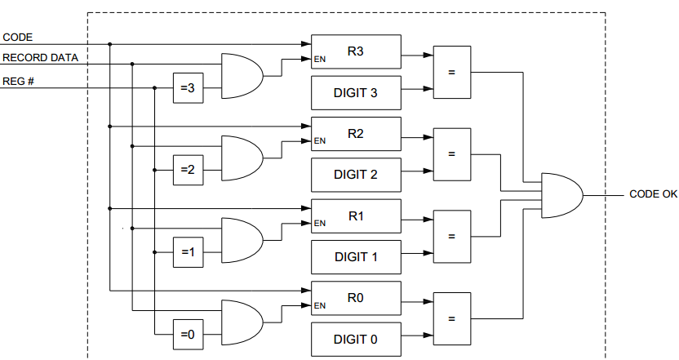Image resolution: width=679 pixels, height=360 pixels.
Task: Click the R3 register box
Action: [x=356, y=51]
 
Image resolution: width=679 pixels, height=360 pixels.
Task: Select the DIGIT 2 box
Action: [x=356, y=175]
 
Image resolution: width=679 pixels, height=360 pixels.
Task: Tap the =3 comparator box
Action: [x=185, y=89]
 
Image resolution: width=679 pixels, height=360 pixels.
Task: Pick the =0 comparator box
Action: [x=185, y=334]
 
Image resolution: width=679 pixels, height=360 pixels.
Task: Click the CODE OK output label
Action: [x=653, y=195]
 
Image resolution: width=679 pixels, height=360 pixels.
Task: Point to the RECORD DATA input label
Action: [x=40, y=58]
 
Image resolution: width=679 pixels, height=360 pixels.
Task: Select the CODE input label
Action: [x=17, y=37]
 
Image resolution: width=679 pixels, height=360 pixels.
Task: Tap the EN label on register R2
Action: [x=320, y=140]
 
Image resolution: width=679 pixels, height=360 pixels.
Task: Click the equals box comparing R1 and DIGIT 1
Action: [x=450, y=236]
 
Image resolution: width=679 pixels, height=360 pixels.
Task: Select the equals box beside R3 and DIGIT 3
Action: [x=450, y=72]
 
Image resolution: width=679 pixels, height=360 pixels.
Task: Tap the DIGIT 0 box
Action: [x=356, y=339]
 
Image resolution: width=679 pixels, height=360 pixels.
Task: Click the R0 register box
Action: [x=356, y=298]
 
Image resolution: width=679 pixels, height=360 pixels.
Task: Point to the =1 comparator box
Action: [x=185, y=252]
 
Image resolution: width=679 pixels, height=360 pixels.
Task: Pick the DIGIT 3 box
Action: [x=356, y=92]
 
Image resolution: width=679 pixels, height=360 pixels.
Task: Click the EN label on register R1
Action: [x=320, y=223]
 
